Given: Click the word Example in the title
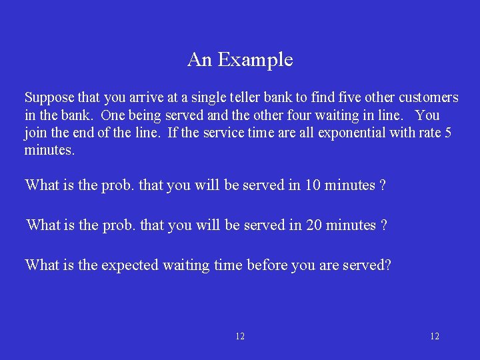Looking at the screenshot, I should tap(255, 60).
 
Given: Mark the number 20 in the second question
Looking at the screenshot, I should tap(315, 225).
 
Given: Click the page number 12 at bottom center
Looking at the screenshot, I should tap(240, 337).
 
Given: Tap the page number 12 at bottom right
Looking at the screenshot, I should tap(435, 337).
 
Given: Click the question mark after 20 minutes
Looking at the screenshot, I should tap(383, 225).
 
